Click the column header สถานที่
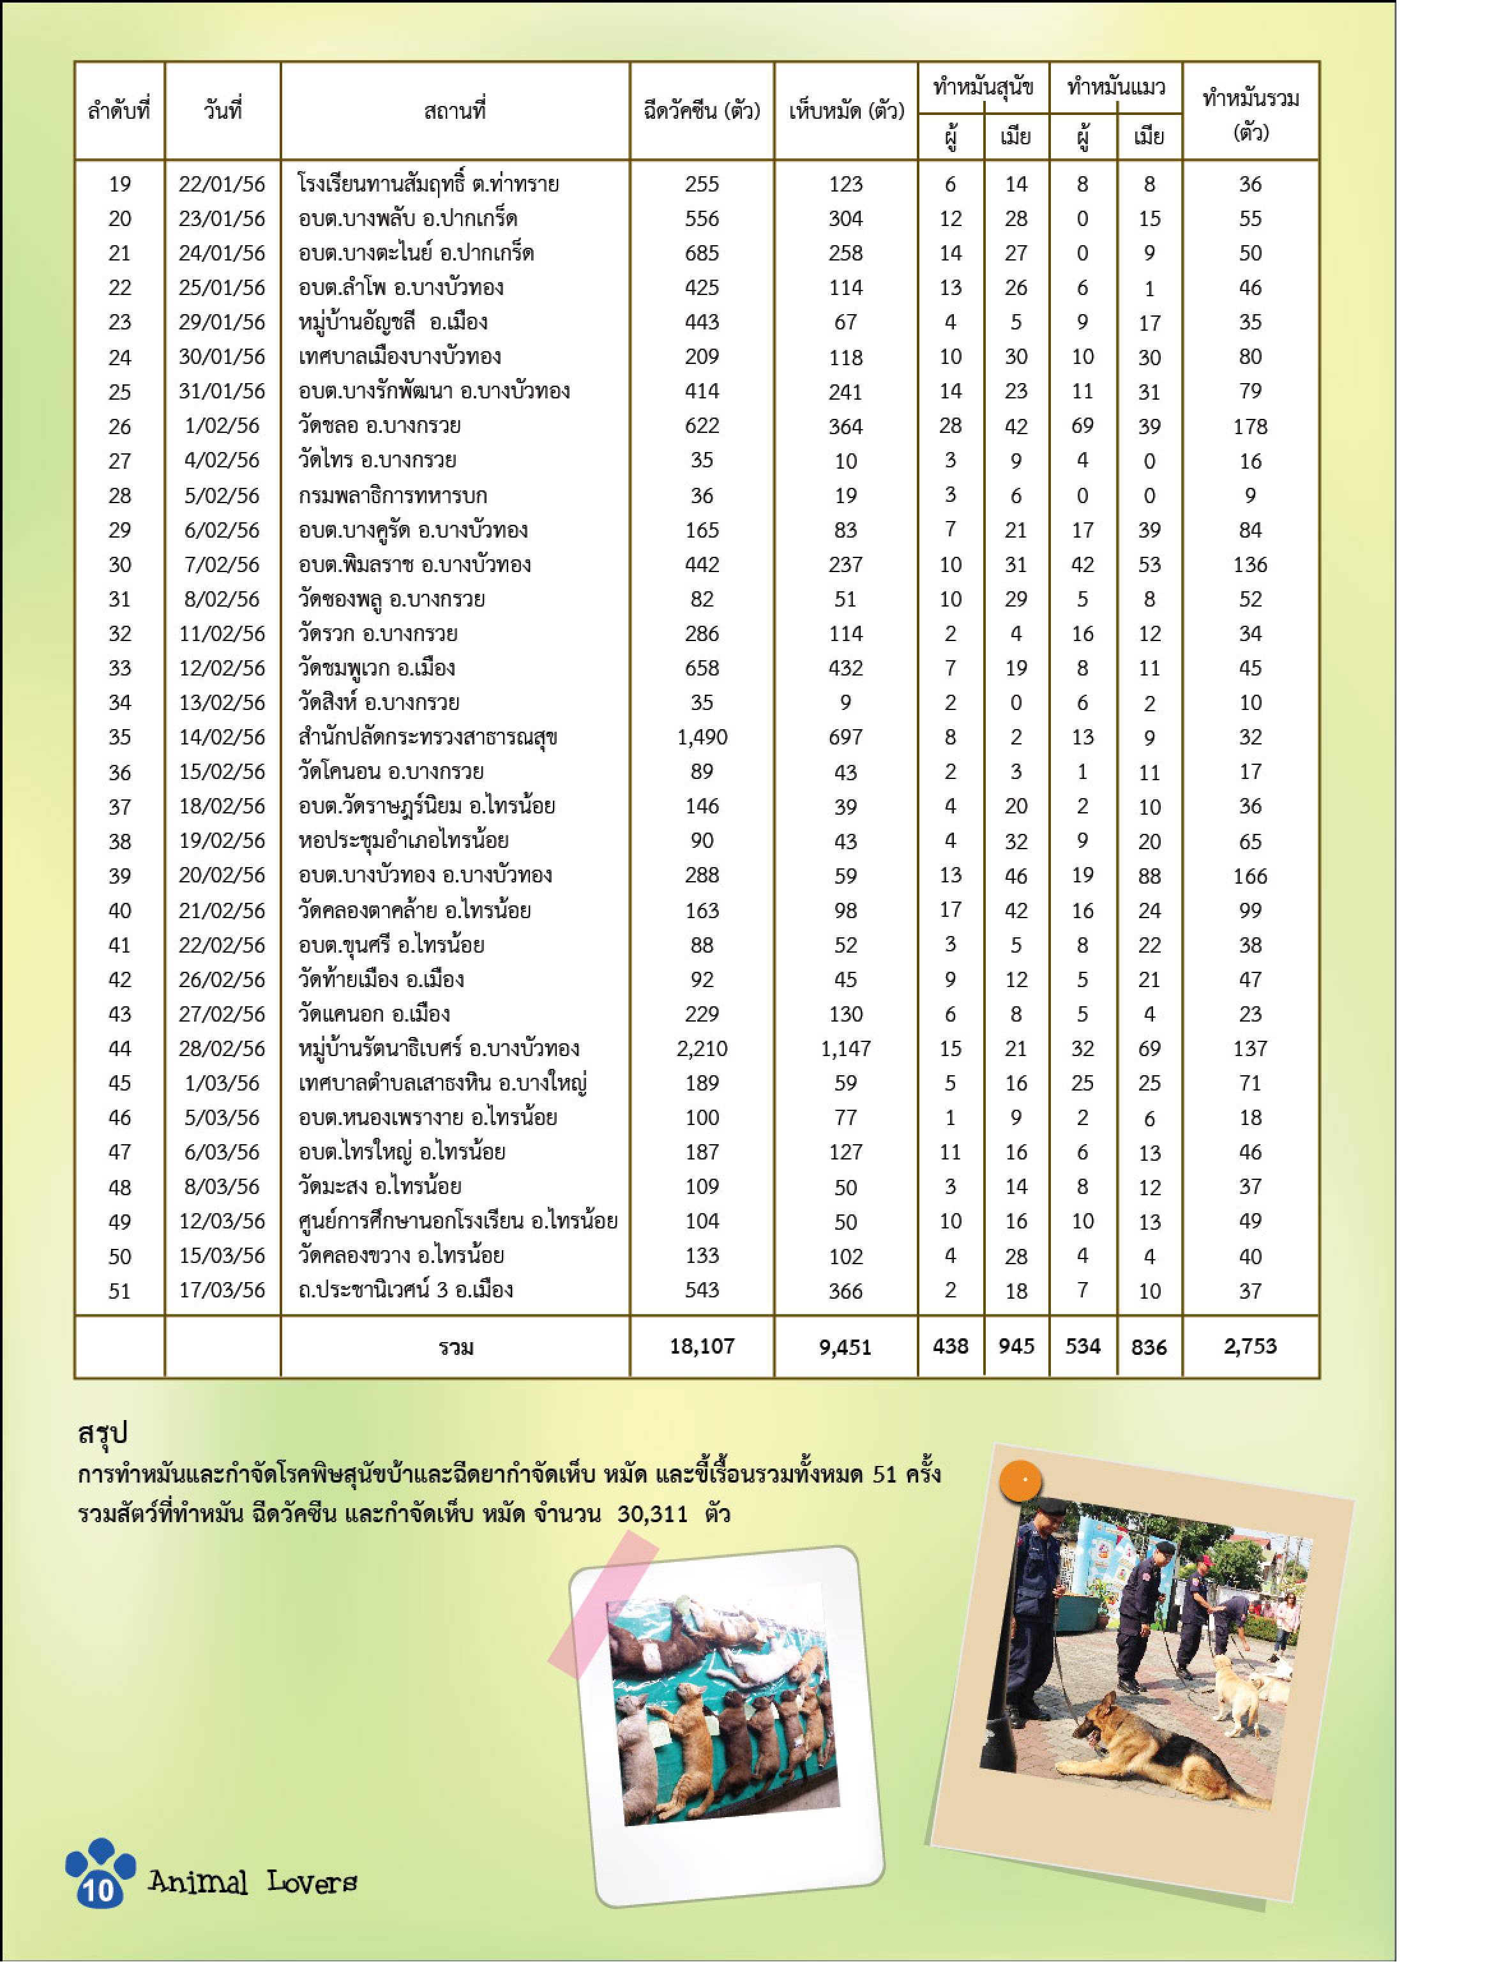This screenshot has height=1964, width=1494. coord(455,111)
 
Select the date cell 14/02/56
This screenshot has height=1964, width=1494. coord(222,737)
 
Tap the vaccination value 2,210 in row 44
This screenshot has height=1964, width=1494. coord(702,1048)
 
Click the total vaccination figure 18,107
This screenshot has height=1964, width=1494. coord(702,1346)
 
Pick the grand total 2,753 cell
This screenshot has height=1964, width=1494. coord(1249,1346)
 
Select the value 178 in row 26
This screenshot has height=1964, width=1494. coord(1249,426)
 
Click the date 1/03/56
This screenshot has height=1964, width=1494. coord(222,1083)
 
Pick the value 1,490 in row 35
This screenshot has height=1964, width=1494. coord(702,737)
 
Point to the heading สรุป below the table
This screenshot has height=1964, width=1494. coord(103,1432)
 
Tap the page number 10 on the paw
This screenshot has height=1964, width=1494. coord(99,1889)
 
